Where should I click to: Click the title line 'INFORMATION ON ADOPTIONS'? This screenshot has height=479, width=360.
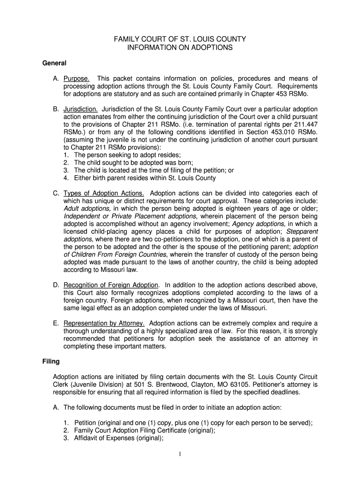pyautogui.click(x=180, y=48)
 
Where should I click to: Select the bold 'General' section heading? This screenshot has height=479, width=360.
pyautogui.click(x=55, y=63)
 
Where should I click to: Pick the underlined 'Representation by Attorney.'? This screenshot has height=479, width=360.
pyautogui.click(x=104, y=323)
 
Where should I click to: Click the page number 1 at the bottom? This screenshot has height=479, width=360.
pyautogui.click(x=180, y=454)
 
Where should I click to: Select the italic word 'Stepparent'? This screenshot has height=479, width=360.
pyautogui.click(x=302, y=231)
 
